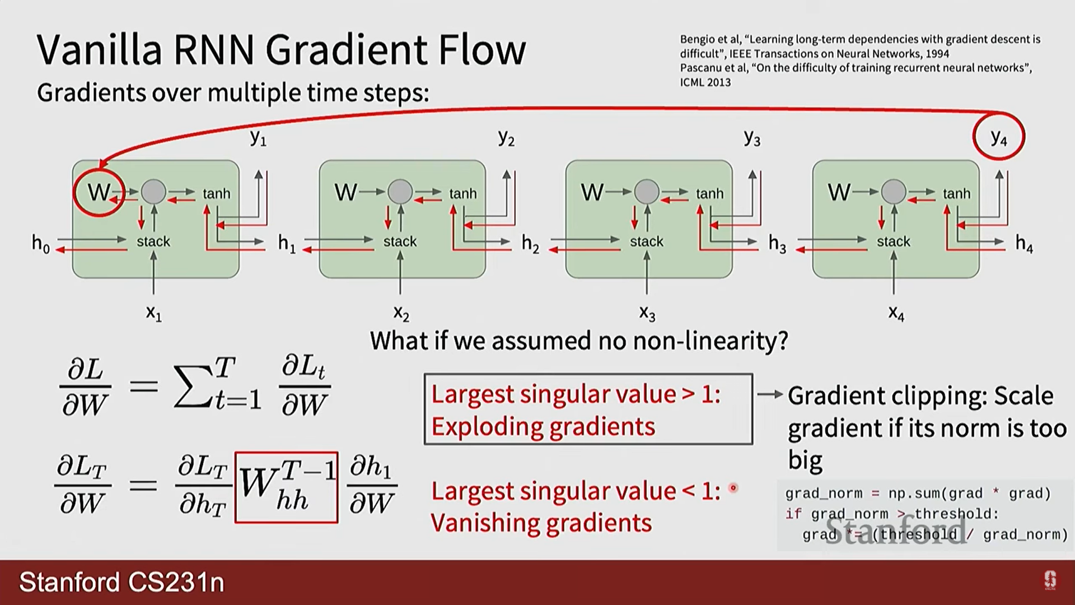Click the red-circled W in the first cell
[x=99, y=192]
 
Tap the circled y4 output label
[x=999, y=137]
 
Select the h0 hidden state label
[x=40, y=244]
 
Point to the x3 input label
[x=647, y=313]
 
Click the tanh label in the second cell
[x=462, y=193]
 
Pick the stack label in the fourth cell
[x=893, y=241]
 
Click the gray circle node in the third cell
[x=647, y=192]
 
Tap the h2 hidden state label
[x=530, y=244]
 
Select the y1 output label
[x=258, y=137]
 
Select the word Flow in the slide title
[x=482, y=50]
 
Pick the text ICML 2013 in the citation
[x=705, y=82]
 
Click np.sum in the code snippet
[x=914, y=494]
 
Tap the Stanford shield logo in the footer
[x=1050, y=580]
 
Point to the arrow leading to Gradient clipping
[x=769, y=394]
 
